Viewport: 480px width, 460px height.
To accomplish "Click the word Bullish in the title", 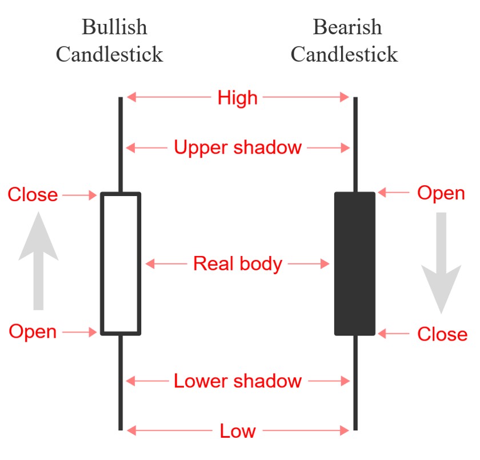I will [x=114, y=27].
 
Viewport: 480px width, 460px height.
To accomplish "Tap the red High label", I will [x=238, y=98].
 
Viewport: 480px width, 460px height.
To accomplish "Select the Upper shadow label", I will [x=238, y=147].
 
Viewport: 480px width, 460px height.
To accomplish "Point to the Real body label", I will [x=238, y=263].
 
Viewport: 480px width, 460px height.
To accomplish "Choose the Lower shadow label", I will [x=238, y=381].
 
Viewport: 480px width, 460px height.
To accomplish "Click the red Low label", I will [x=238, y=431].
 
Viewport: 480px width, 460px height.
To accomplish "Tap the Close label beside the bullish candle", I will [x=33, y=195].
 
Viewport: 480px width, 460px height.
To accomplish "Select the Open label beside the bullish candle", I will [x=33, y=331].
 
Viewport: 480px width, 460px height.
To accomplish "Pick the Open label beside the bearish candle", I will [x=441, y=193].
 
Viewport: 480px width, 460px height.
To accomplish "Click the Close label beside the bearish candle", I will [x=442, y=334].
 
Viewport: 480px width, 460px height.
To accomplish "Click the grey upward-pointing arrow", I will [x=38, y=260].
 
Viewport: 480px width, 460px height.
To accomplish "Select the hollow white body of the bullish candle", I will [x=121, y=263].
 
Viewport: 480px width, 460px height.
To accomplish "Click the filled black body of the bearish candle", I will [x=355, y=263].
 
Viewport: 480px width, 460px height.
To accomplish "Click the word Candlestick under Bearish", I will [x=344, y=54].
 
